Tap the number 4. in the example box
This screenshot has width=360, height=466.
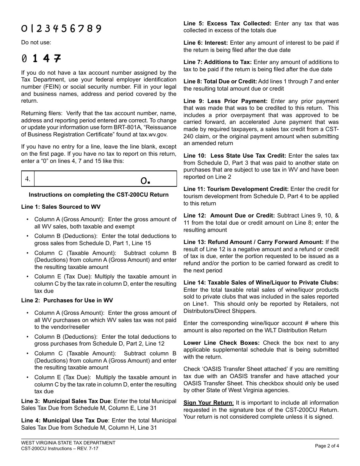tap(28, 179)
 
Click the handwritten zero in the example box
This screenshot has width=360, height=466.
tap(144, 181)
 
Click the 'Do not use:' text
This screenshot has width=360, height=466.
tap(36, 42)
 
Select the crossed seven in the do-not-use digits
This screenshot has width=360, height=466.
tap(57, 58)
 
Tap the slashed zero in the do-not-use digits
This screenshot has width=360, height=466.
tap(25, 59)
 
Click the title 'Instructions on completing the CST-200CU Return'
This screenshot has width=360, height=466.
tap(99, 195)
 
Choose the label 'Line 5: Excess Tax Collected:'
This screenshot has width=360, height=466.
tap(227, 23)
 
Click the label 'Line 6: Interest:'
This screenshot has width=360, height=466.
tap(206, 43)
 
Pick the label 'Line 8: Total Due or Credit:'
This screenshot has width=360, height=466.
tap(220, 81)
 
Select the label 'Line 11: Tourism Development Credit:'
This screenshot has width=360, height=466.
tap(236, 189)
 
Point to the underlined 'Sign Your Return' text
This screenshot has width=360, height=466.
tap(208, 403)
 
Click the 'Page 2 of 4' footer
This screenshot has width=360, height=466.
tap(327, 446)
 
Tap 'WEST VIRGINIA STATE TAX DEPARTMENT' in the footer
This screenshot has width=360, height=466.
tap(68, 443)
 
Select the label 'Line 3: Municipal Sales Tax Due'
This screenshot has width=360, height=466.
tap(66, 401)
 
